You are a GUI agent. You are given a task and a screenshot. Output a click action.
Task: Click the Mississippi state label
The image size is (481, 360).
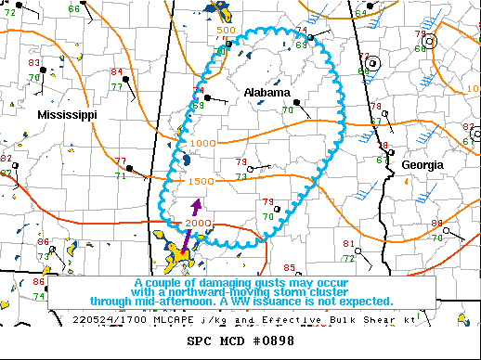tap(67, 114)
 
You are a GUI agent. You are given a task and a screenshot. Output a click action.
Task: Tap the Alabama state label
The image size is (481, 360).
tap(267, 93)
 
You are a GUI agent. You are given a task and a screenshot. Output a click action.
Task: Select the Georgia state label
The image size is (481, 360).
tap(422, 164)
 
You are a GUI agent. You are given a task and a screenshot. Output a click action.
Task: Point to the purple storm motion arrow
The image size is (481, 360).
tap(195, 208)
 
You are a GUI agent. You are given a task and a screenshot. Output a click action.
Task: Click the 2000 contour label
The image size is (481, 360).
tap(197, 224)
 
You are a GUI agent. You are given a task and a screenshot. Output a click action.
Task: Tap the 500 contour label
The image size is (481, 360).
tap(226, 31)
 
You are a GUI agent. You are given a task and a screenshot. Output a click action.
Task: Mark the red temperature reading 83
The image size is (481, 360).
tap(33, 63)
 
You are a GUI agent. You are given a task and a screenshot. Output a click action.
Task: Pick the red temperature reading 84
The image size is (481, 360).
tap(116, 72)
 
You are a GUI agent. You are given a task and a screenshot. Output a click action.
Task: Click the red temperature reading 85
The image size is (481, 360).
tap(289, 242)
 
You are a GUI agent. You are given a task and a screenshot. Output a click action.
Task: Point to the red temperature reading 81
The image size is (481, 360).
tap(348, 244)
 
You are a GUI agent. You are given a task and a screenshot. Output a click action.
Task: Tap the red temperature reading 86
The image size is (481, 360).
tap(39, 281)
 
